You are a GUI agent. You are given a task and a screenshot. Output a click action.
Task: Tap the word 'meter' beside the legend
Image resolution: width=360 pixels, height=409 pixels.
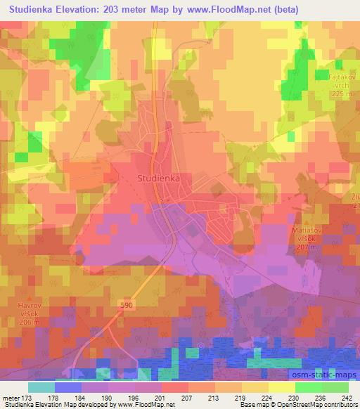click(11, 398)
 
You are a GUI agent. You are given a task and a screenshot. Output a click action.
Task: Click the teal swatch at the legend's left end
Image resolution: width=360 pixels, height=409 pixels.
click(41, 387)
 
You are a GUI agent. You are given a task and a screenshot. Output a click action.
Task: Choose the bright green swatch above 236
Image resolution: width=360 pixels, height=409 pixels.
click(308, 387)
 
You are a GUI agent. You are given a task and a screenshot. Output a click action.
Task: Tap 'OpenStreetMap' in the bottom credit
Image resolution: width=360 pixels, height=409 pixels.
click(309, 405)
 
